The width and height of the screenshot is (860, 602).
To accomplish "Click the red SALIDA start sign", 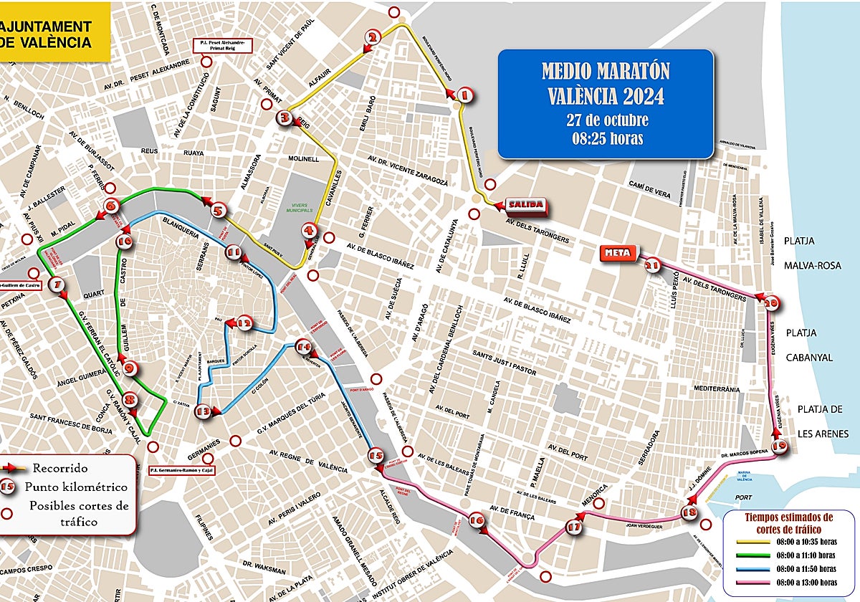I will (x=526, y=205).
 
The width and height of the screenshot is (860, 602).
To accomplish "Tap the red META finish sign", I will (x=617, y=253).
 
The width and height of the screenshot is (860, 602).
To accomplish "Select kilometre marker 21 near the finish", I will (x=651, y=266).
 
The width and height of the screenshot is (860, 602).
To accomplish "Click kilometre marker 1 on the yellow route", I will (x=464, y=95).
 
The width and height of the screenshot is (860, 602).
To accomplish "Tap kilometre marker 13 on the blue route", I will (x=204, y=411).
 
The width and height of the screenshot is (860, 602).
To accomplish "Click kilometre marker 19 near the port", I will (x=780, y=446).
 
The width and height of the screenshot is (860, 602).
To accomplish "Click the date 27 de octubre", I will (x=606, y=119).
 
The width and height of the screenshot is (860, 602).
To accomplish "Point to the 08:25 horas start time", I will (x=606, y=138).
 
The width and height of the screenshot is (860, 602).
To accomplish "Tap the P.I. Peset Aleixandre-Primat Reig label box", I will (x=221, y=46).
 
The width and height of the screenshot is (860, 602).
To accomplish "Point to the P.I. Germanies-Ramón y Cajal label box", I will (x=181, y=471).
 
